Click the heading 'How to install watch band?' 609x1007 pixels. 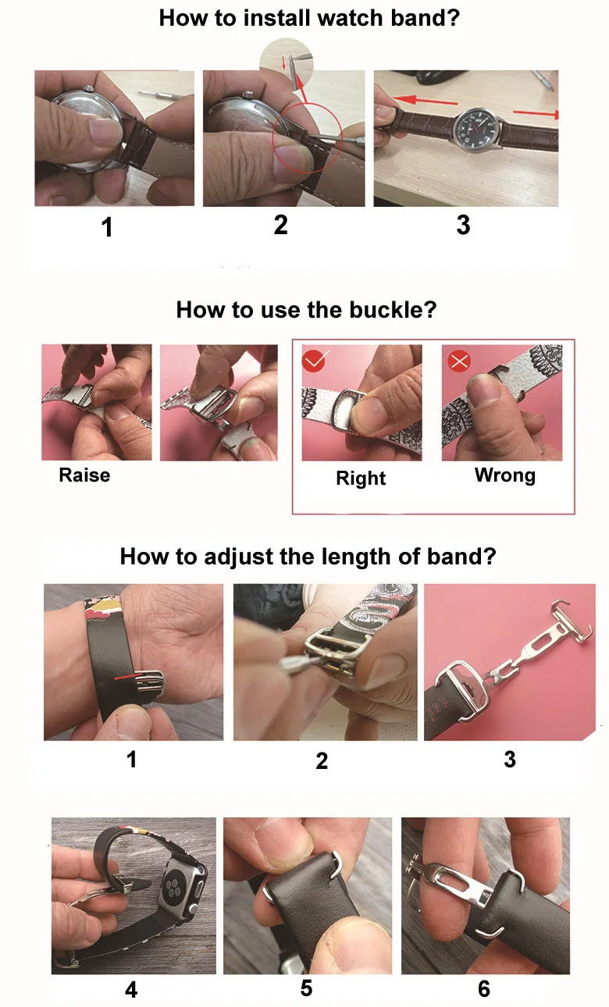309,19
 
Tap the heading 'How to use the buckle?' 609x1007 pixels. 306,310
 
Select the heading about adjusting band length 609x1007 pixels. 308,557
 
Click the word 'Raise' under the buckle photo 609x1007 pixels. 84,475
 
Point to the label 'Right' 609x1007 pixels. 361,478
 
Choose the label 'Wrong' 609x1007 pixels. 505,475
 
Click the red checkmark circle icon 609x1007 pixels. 314,361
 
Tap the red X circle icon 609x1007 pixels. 459,361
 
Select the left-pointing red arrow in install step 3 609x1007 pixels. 425,101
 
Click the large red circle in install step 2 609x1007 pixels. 307,137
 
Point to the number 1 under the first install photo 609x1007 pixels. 107,227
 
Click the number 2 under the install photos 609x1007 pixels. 280,225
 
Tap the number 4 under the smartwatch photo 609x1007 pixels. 131,990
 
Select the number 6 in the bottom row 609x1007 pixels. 484,988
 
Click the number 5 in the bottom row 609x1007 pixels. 306,988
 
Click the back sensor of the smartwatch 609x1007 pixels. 174,887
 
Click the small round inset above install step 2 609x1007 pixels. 287,64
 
